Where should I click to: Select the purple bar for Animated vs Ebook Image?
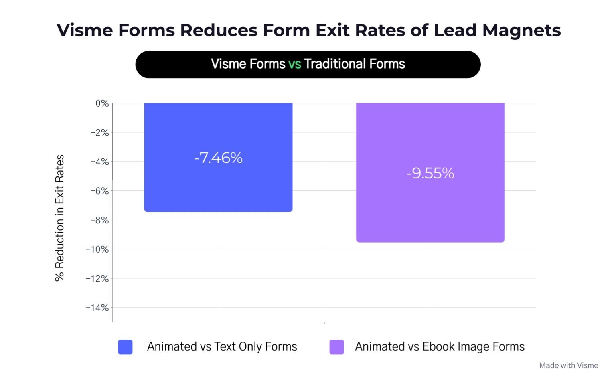click(430, 209)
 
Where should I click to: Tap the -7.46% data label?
click(218, 158)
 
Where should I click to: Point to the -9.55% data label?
click(430, 173)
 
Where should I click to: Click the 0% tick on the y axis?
click(102, 103)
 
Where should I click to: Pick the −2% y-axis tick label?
click(99, 133)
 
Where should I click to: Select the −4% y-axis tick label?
click(99, 162)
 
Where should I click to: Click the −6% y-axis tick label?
click(99, 191)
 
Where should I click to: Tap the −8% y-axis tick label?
click(99, 220)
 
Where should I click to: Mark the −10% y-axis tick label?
click(97, 249)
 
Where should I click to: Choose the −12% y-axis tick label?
click(97, 279)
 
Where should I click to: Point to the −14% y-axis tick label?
click(97, 308)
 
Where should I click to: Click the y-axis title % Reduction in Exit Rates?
click(59, 218)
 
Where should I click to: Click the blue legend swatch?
click(125, 347)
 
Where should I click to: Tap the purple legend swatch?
click(336, 347)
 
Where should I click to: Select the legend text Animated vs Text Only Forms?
click(222, 346)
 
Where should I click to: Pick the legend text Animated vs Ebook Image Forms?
click(440, 346)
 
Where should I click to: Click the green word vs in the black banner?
click(294, 64)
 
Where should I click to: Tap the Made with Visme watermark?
click(568, 365)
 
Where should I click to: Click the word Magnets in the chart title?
click(521, 30)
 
